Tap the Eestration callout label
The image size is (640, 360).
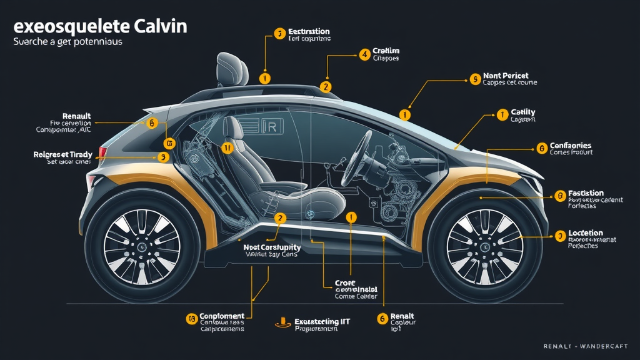click(309, 31)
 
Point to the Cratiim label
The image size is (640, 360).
click(386, 51)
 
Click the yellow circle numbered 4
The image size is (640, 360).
click(364, 54)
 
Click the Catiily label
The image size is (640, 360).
click(522, 112)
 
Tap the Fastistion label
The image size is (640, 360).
click(586, 193)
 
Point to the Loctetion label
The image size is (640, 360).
click(586, 233)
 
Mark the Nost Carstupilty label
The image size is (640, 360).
click(272, 247)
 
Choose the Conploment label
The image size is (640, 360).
click(222, 317)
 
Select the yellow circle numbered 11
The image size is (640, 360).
click(227, 148)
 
